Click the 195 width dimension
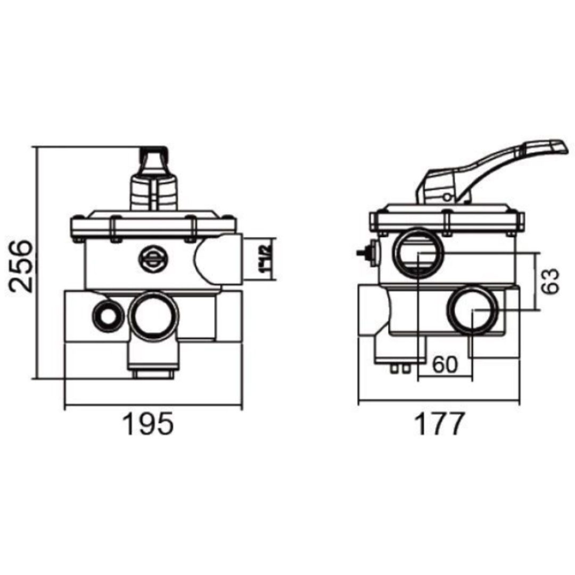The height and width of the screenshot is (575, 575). tap(148, 424)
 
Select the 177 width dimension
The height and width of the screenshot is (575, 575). tap(440, 424)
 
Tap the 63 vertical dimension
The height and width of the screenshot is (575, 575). tap(551, 281)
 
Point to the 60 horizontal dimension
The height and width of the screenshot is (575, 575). tap(445, 365)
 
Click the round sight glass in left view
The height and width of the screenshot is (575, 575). tap(153, 259)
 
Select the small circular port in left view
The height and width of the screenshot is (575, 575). tap(108, 316)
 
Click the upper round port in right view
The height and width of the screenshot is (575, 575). tap(418, 252)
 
